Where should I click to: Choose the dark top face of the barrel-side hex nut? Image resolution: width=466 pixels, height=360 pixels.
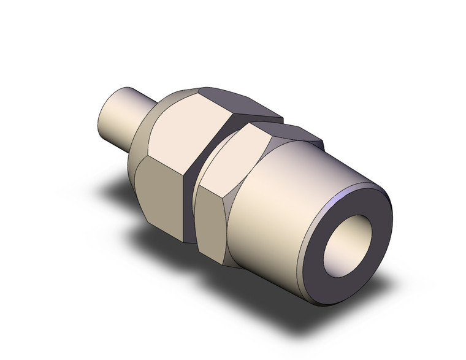(288, 132)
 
